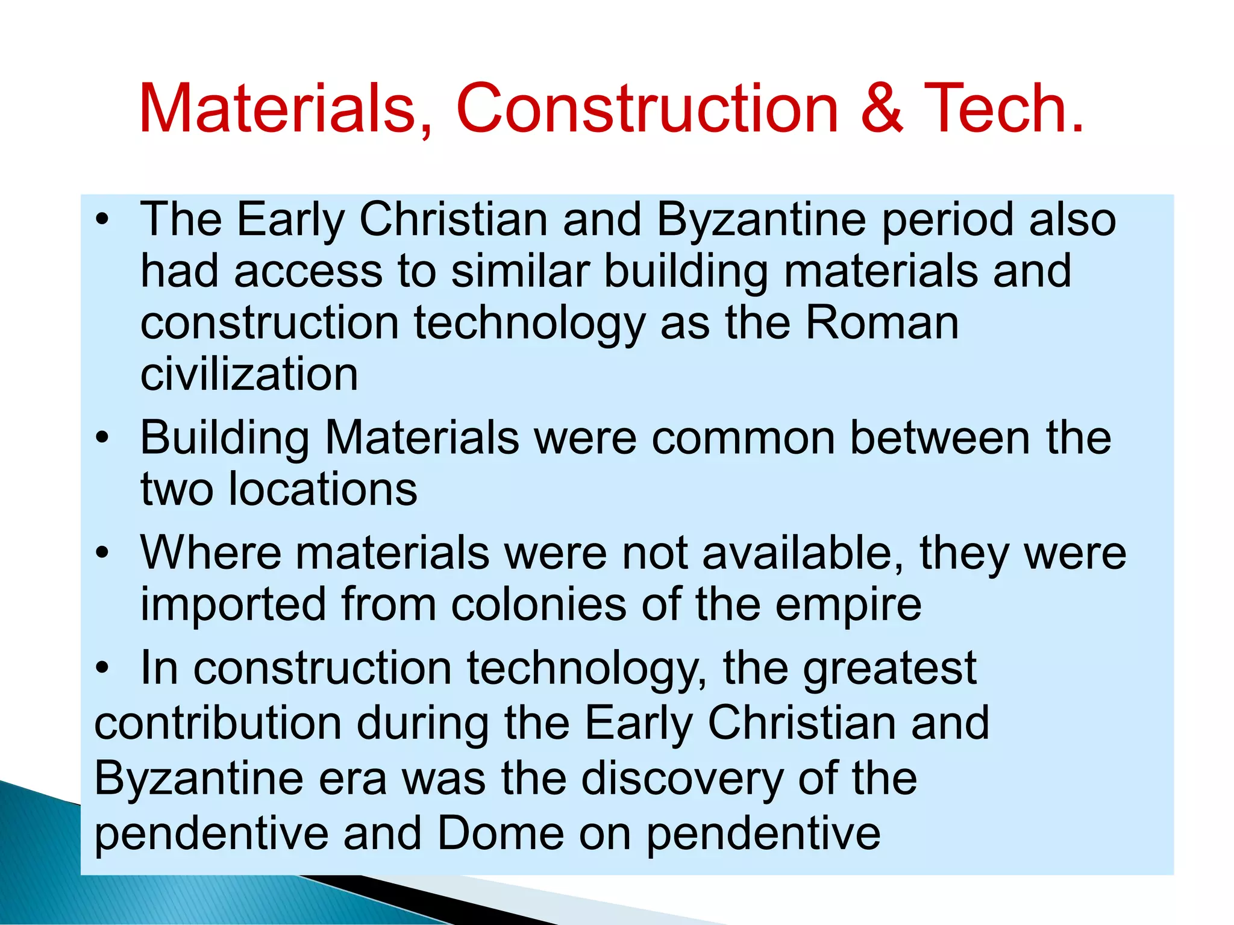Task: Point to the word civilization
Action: click(x=249, y=375)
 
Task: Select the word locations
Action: click(x=323, y=489)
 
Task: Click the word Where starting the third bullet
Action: click(x=210, y=553)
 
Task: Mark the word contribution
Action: click(x=218, y=723)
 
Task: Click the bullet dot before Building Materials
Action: click(x=103, y=438)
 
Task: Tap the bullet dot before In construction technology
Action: click(x=103, y=668)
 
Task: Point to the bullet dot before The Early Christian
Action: click(x=103, y=220)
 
